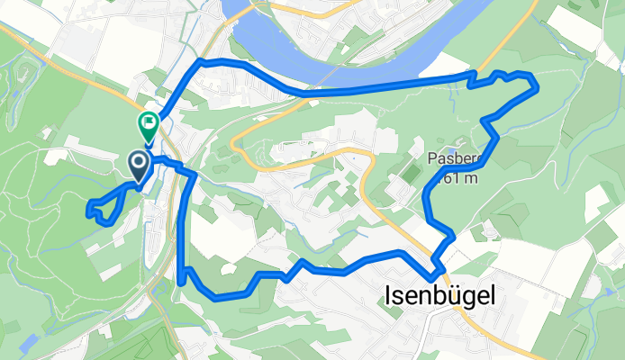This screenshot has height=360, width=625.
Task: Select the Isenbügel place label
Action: [439, 295]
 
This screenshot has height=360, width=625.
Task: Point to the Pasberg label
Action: [457, 159]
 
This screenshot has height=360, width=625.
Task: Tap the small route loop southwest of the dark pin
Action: [101, 207]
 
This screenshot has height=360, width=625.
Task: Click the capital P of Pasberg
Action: [431, 159]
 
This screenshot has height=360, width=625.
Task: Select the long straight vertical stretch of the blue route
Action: [184, 225]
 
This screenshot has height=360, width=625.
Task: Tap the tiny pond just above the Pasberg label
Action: [461, 143]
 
